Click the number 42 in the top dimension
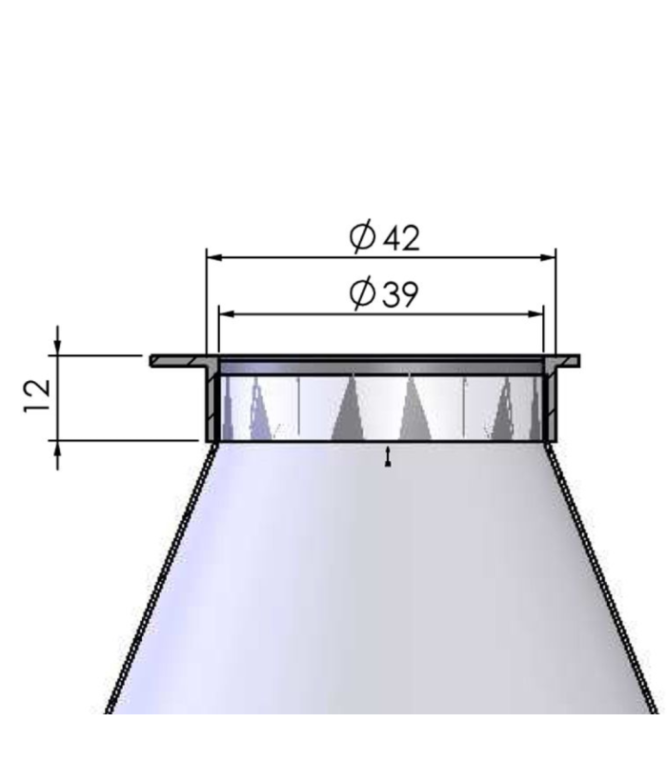(400, 237)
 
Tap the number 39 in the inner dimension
(399, 294)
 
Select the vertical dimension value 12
(35, 397)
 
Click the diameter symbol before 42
(362, 237)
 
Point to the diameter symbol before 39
(362, 294)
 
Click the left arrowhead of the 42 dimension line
(214, 257)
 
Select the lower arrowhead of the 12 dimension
(58, 449)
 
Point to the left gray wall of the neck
(212, 405)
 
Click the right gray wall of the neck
(550, 405)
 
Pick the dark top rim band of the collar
(381, 366)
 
